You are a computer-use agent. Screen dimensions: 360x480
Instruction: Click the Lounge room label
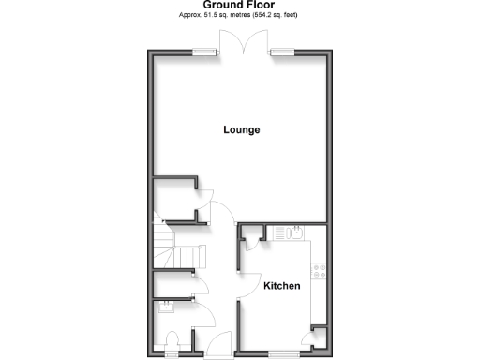click(241, 129)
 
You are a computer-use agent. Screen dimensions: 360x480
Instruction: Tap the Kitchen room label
click(281, 286)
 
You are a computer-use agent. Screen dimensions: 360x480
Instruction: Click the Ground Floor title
click(239, 5)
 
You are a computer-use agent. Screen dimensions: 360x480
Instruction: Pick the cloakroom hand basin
click(165, 305)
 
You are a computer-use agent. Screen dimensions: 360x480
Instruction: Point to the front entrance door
click(217, 344)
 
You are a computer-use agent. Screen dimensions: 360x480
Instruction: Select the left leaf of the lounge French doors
click(231, 42)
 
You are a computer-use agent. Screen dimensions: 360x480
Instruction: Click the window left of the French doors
click(200, 52)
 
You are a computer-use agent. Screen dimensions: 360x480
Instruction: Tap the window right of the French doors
click(280, 52)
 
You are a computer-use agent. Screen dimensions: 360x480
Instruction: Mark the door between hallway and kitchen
click(247, 284)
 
